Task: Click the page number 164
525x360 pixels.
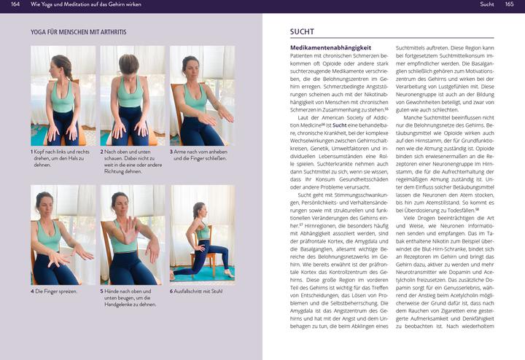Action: pos(15,5)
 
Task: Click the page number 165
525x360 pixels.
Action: pos(509,5)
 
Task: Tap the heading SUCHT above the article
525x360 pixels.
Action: pos(303,32)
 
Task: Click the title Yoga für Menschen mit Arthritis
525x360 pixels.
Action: pos(79,33)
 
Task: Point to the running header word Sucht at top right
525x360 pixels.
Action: pos(487,5)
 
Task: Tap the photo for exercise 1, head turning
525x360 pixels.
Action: pos(63,96)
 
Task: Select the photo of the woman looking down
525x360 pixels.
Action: pos(132,96)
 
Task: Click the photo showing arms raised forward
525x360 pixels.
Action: pos(202,96)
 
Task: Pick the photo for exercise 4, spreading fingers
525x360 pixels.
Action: pos(63,235)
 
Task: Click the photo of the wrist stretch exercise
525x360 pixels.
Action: pos(132,235)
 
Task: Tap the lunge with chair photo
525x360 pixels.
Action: pos(202,235)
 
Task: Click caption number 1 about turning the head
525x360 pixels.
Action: pos(62,158)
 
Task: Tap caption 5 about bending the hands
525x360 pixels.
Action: pos(131,297)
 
